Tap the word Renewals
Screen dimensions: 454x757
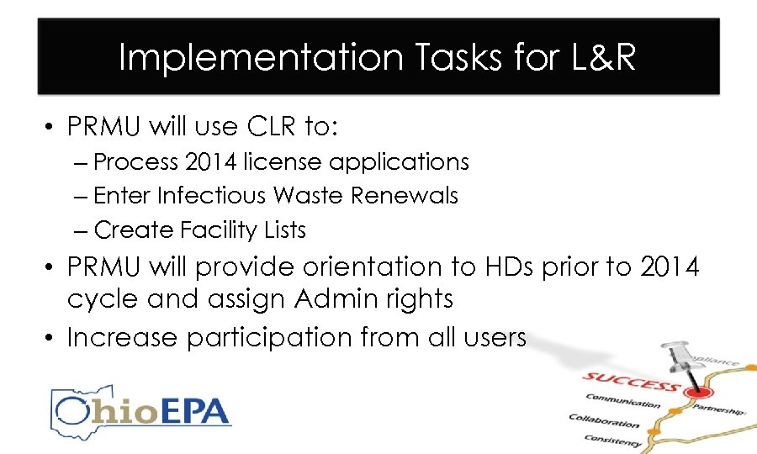(x=405, y=195)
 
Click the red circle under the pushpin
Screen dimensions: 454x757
(x=695, y=392)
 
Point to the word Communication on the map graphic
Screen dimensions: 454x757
(x=622, y=403)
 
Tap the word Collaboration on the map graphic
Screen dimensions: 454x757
(x=603, y=421)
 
